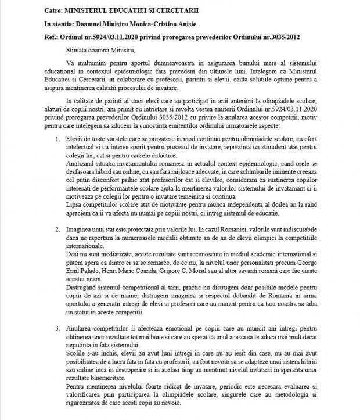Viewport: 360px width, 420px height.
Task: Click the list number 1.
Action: pyautogui.click(x=56, y=140)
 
